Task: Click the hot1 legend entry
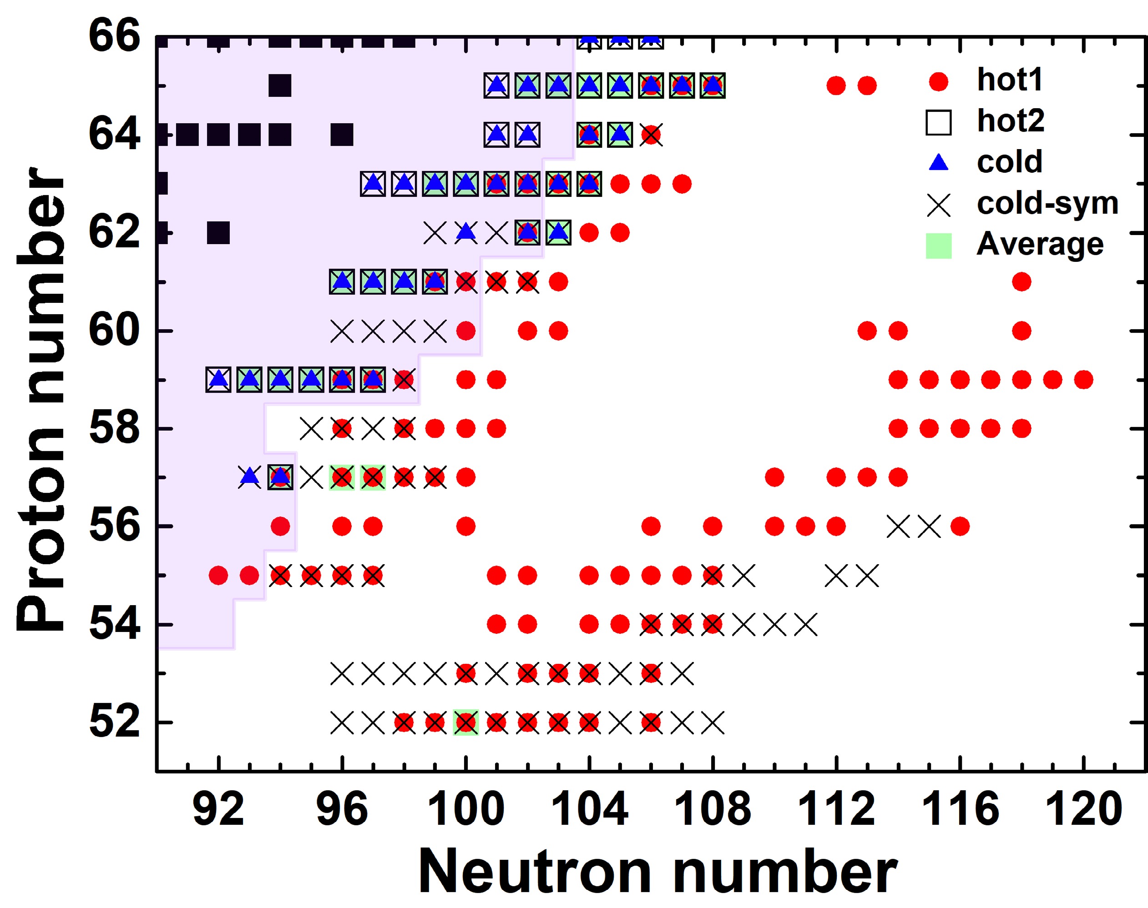[x=1009, y=80]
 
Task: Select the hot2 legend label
[x=1010, y=121]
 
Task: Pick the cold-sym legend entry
[x=1047, y=203]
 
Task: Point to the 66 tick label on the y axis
[x=113, y=36]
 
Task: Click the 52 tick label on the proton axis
[x=114, y=722]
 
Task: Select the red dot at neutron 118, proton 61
[x=1022, y=282]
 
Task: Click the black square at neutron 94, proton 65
[x=280, y=85]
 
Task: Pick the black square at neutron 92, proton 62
[x=218, y=233]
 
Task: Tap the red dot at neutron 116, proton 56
[x=960, y=527]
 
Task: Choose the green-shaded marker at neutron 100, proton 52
[x=466, y=722]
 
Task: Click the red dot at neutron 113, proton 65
[x=867, y=85]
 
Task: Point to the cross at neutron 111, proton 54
[x=805, y=624]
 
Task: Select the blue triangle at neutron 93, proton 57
[x=249, y=477]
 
